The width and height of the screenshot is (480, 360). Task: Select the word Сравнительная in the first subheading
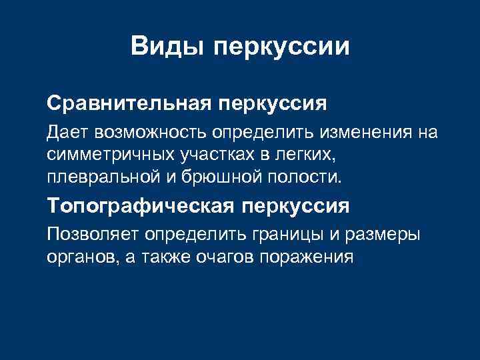tap(127, 104)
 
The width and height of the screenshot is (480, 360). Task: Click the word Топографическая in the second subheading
tap(137, 207)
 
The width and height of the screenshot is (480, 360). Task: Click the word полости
tap(305, 177)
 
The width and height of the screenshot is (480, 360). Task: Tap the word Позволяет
tap(88, 235)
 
